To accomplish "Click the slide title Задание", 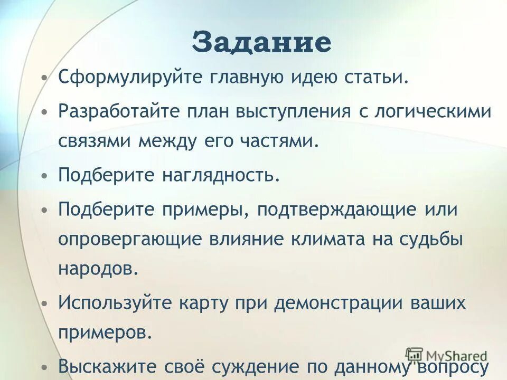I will [x=262, y=42].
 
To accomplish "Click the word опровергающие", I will [x=134, y=239].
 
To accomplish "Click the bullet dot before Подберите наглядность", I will [x=45, y=174].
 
